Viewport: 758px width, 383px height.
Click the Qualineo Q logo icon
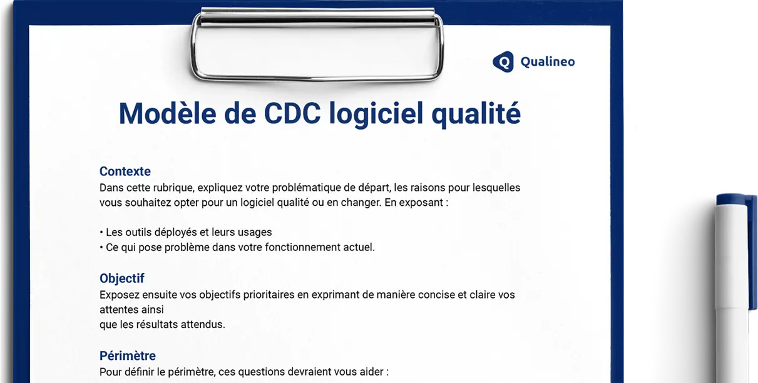(503, 61)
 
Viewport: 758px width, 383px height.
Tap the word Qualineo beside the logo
(548, 61)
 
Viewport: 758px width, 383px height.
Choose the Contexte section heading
(125, 171)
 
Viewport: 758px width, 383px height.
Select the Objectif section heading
(122, 278)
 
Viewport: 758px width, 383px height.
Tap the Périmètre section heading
(128, 356)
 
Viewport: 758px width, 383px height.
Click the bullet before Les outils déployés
(101, 232)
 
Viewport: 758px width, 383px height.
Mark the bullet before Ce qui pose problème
(101, 247)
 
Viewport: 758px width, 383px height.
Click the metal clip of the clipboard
(318, 45)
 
